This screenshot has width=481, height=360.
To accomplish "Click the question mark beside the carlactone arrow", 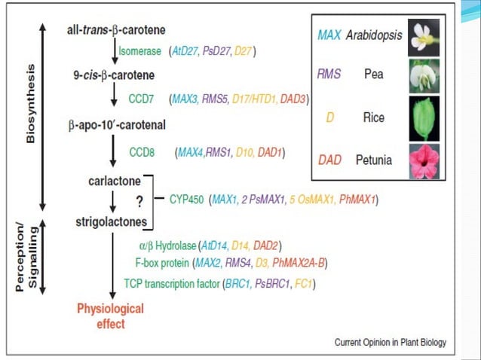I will coord(139,202).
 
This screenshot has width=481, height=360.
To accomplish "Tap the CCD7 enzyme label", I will coord(143,99).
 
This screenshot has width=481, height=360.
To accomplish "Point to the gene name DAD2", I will coord(269,246).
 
